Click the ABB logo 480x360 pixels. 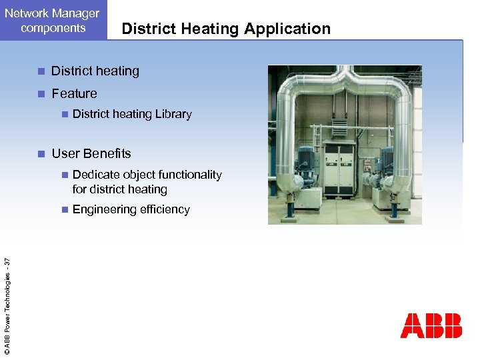431,325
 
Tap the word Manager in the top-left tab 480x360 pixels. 71,13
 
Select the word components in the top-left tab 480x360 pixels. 53,28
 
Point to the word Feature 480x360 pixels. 74,94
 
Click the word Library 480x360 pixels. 173,114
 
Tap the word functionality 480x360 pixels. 183,175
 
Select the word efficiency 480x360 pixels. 165,209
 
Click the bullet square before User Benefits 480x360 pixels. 41,154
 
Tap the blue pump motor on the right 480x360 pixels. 385,160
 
